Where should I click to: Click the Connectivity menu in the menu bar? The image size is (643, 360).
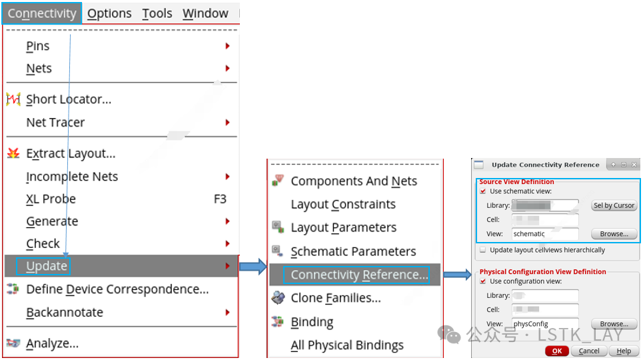click(41, 13)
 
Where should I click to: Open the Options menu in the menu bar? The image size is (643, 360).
click(109, 13)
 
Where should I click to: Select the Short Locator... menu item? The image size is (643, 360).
click(69, 99)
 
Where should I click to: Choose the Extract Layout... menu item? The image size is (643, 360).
click(71, 153)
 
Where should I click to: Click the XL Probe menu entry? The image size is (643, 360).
click(51, 199)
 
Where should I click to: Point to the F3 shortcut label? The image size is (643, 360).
click(220, 199)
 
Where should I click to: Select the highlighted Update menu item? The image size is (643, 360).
click(47, 266)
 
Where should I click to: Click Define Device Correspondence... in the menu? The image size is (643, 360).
click(117, 289)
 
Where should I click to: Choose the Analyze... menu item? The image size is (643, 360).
click(52, 343)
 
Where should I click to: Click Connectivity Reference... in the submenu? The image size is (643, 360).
click(359, 275)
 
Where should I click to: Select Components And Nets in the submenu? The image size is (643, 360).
click(354, 181)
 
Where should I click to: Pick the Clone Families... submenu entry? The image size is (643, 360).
click(336, 298)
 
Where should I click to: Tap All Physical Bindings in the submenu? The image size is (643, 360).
click(347, 345)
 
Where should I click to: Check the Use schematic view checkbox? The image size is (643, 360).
click(483, 191)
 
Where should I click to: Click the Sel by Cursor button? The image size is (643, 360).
click(614, 205)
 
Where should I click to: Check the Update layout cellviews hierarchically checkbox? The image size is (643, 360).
click(483, 250)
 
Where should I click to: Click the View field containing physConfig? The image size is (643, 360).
click(544, 324)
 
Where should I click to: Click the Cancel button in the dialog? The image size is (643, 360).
click(588, 351)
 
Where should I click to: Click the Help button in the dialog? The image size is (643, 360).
click(624, 351)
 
